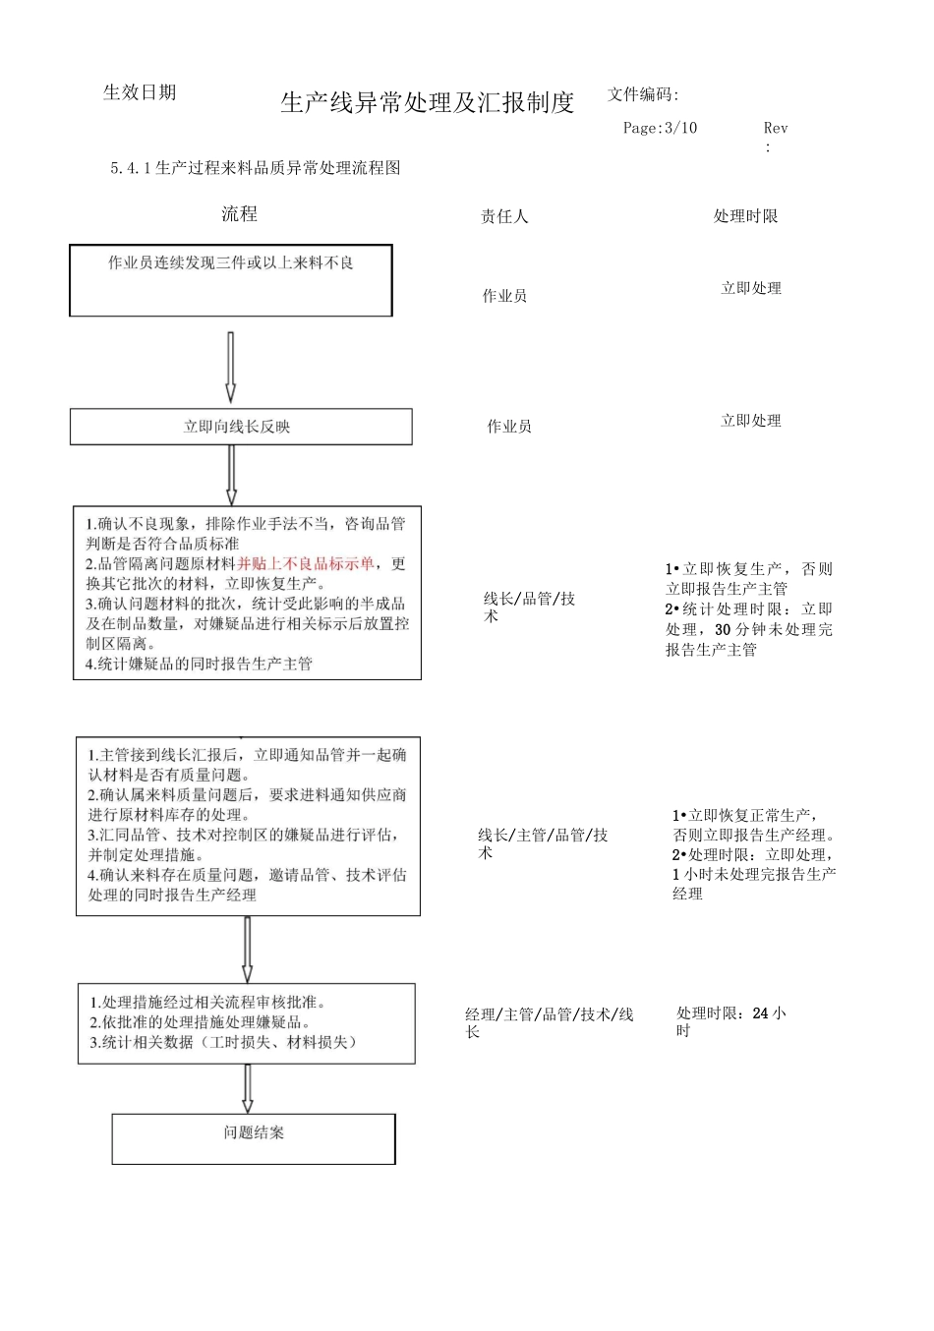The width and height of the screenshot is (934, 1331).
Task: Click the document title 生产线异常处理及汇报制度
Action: (427, 102)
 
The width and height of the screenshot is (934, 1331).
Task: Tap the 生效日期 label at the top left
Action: (140, 92)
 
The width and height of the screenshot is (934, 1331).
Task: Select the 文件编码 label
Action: (643, 94)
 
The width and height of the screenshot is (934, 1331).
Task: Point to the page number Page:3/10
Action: (660, 128)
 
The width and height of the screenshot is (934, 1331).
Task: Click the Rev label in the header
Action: (775, 128)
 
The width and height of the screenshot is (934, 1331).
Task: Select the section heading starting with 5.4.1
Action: (256, 168)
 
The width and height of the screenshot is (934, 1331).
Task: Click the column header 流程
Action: (239, 214)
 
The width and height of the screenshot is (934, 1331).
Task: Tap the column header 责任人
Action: (504, 216)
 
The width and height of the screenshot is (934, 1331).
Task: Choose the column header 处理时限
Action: (745, 216)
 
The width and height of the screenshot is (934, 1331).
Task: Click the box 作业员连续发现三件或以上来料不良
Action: (231, 280)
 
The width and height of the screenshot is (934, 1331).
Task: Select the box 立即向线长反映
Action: (241, 427)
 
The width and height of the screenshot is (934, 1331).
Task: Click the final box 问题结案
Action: (254, 1138)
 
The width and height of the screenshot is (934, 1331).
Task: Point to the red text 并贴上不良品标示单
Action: (306, 563)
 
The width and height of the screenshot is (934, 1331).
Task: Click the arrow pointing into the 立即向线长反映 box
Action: (231, 368)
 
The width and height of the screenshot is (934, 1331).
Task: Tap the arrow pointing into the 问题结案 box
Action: (247, 1088)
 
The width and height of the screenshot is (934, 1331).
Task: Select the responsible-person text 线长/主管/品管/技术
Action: (543, 843)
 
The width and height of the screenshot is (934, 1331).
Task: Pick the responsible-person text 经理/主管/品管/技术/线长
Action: (549, 1022)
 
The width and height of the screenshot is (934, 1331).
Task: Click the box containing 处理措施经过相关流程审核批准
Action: (247, 1022)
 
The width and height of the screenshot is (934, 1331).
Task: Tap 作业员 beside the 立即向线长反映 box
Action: (509, 427)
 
